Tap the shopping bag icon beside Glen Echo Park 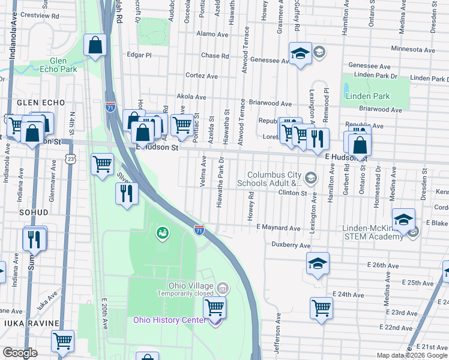(95, 45)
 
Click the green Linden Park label (367, 96)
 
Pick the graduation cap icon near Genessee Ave (300, 54)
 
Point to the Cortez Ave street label (202, 76)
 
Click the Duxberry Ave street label (291, 245)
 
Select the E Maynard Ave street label (278, 228)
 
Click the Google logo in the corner (20, 352)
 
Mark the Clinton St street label (292, 193)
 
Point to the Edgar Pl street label (140, 55)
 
